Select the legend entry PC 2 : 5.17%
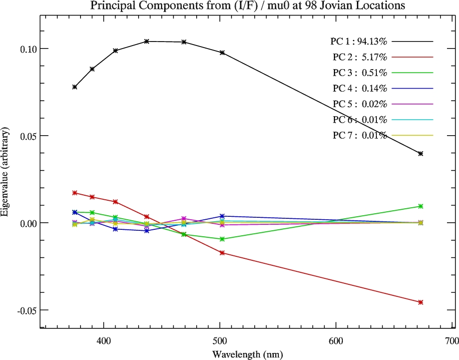[359, 57]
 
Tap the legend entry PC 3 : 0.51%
[359, 73]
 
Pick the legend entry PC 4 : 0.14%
[359, 89]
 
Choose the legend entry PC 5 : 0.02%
[359, 104]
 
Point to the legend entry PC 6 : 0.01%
[359, 120]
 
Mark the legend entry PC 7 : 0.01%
[359, 135]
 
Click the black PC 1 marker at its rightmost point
[420, 154]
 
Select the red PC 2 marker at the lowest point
[420, 302]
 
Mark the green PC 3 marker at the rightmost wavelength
[420, 206]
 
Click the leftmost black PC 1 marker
[75, 87]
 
